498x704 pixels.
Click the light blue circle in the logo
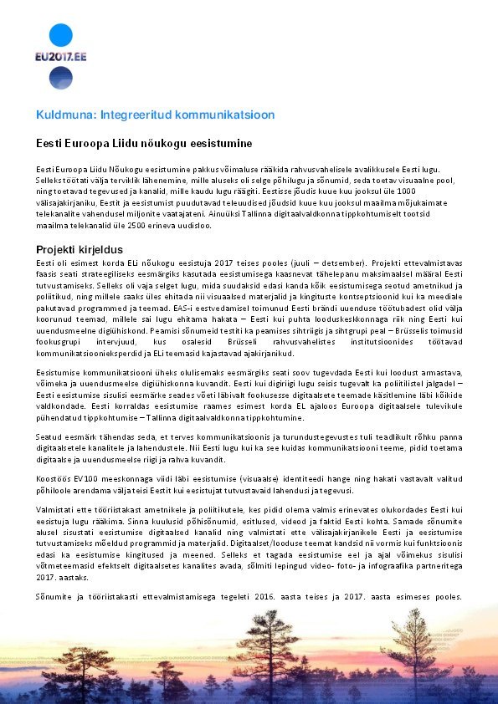coord(61,35)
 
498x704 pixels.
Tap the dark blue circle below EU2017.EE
coord(61,79)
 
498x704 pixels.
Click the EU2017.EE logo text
coord(61,58)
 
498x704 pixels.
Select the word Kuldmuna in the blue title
coord(62,114)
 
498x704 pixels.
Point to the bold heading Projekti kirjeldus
coord(80,249)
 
